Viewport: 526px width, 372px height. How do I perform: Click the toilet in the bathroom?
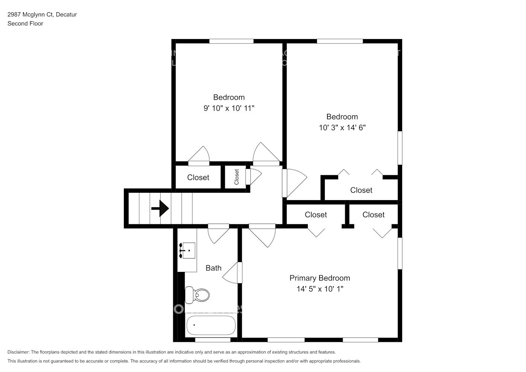[198, 295]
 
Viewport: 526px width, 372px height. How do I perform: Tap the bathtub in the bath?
[211, 325]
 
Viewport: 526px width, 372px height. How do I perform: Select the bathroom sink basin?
[188, 250]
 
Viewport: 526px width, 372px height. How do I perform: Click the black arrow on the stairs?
[160, 208]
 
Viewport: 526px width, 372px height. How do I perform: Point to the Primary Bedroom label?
[320, 278]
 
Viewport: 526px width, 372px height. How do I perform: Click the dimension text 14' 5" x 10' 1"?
[320, 289]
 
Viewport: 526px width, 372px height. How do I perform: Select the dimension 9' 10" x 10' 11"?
[229, 108]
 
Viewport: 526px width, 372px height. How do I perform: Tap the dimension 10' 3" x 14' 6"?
[342, 128]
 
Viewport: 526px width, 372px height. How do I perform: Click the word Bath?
[214, 268]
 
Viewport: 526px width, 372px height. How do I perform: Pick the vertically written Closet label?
[237, 177]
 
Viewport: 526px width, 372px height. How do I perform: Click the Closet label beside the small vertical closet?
[198, 177]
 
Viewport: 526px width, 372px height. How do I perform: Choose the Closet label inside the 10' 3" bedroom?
[361, 190]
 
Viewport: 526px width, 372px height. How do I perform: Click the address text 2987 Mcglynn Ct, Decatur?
[42, 15]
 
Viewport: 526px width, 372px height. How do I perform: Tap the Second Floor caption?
[25, 23]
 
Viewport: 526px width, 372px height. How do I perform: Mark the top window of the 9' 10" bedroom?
[231, 41]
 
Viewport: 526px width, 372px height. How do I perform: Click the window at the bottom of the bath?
[213, 340]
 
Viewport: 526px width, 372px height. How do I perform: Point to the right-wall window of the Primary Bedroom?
[400, 253]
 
